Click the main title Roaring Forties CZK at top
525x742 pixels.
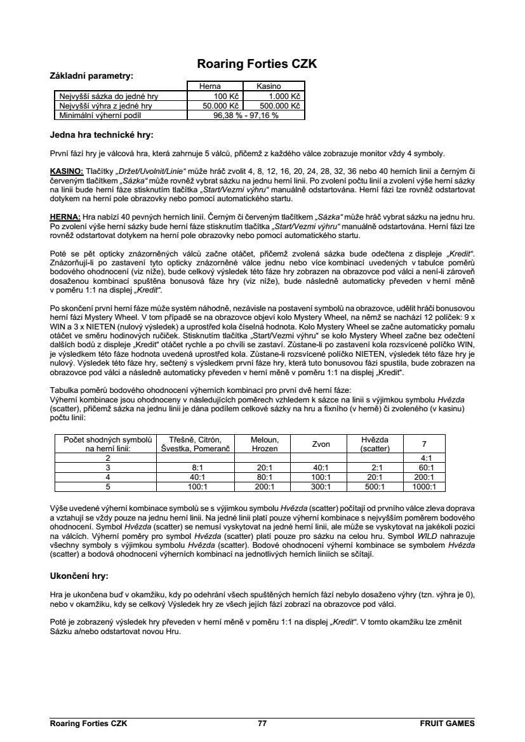[x=257, y=64]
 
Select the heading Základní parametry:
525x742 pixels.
[x=91, y=76]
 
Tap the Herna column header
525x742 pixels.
[x=210, y=86]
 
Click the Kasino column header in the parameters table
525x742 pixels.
[x=269, y=86]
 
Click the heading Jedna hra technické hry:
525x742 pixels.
[x=102, y=135]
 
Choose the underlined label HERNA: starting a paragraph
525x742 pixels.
[x=65, y=216]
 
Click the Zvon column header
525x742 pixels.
[x=320, y=444]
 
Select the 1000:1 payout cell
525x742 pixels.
[x=423, y=487]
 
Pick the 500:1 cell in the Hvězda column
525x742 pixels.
[x=375, y=487]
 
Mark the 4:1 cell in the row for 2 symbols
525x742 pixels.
[x=423, y=458]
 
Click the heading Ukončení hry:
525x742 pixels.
[x=79, y=576]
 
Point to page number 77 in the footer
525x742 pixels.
[x=262, y=723]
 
